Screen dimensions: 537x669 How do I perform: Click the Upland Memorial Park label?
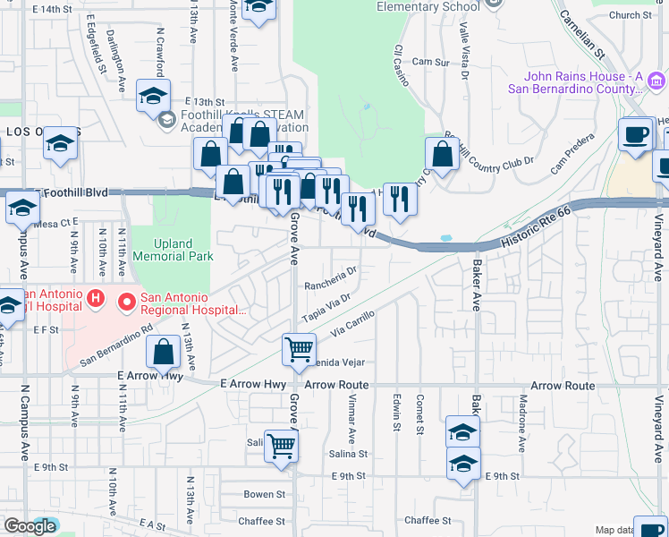(x=173, y=250)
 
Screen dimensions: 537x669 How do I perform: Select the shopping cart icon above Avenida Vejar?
(x=299, y=348)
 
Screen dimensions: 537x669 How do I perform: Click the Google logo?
(x=29, y=526)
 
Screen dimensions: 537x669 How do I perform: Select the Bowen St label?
(x=265, y=494)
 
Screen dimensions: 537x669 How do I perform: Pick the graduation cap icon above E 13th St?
(x=153, y=94)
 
